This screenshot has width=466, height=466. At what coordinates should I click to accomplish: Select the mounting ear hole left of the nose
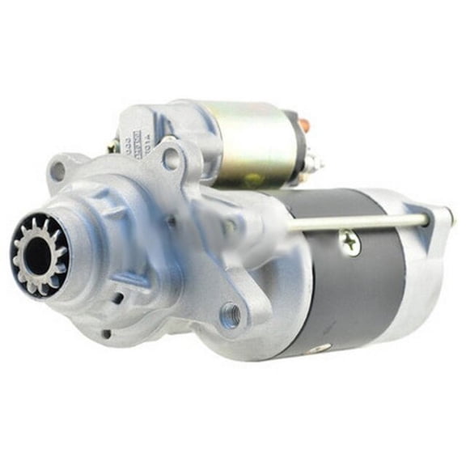point(57,171)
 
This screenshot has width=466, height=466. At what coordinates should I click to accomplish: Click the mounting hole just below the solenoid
point(171,159)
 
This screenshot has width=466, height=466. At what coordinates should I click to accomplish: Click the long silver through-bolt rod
point(356,222)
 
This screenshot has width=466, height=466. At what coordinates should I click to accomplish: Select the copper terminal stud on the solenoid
point(303,125)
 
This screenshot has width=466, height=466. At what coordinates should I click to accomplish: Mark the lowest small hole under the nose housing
point(107,333)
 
